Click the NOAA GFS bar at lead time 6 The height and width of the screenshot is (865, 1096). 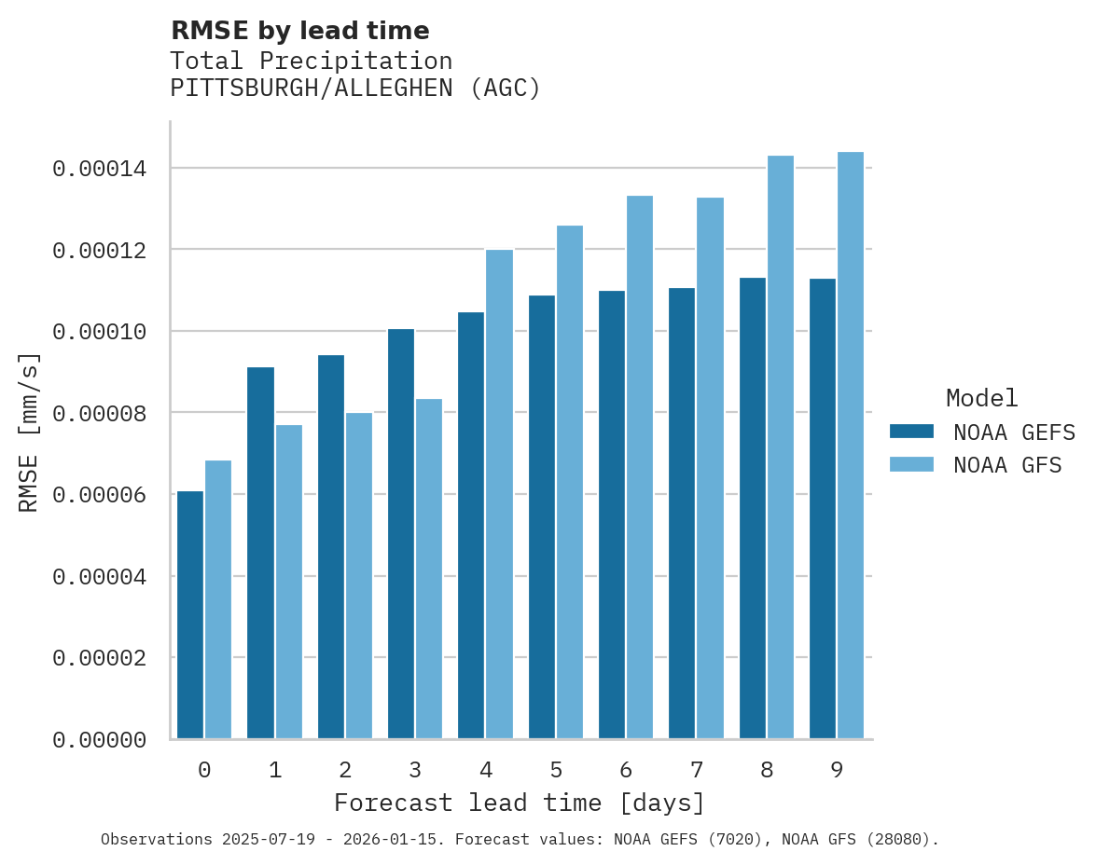point(640,467)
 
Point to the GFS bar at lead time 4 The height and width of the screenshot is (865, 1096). point(499,494)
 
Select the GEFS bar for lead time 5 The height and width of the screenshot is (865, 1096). point(542,517)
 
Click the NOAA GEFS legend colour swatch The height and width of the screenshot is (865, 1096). point(911,431)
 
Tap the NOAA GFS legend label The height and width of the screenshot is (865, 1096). point(1007,464)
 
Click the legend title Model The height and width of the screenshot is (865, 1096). point(981,398)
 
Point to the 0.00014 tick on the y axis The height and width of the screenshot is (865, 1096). point(99,169)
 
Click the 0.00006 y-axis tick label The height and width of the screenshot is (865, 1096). point(99,495)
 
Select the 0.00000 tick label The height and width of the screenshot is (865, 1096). point(99,740)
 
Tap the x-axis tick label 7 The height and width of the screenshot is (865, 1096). point(696,770)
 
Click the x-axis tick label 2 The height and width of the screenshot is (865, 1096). point(345,770)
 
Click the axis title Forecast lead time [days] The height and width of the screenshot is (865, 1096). point(520,803)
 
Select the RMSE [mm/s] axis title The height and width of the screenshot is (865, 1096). point(29,432)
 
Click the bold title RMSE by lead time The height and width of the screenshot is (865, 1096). point(299,31)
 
